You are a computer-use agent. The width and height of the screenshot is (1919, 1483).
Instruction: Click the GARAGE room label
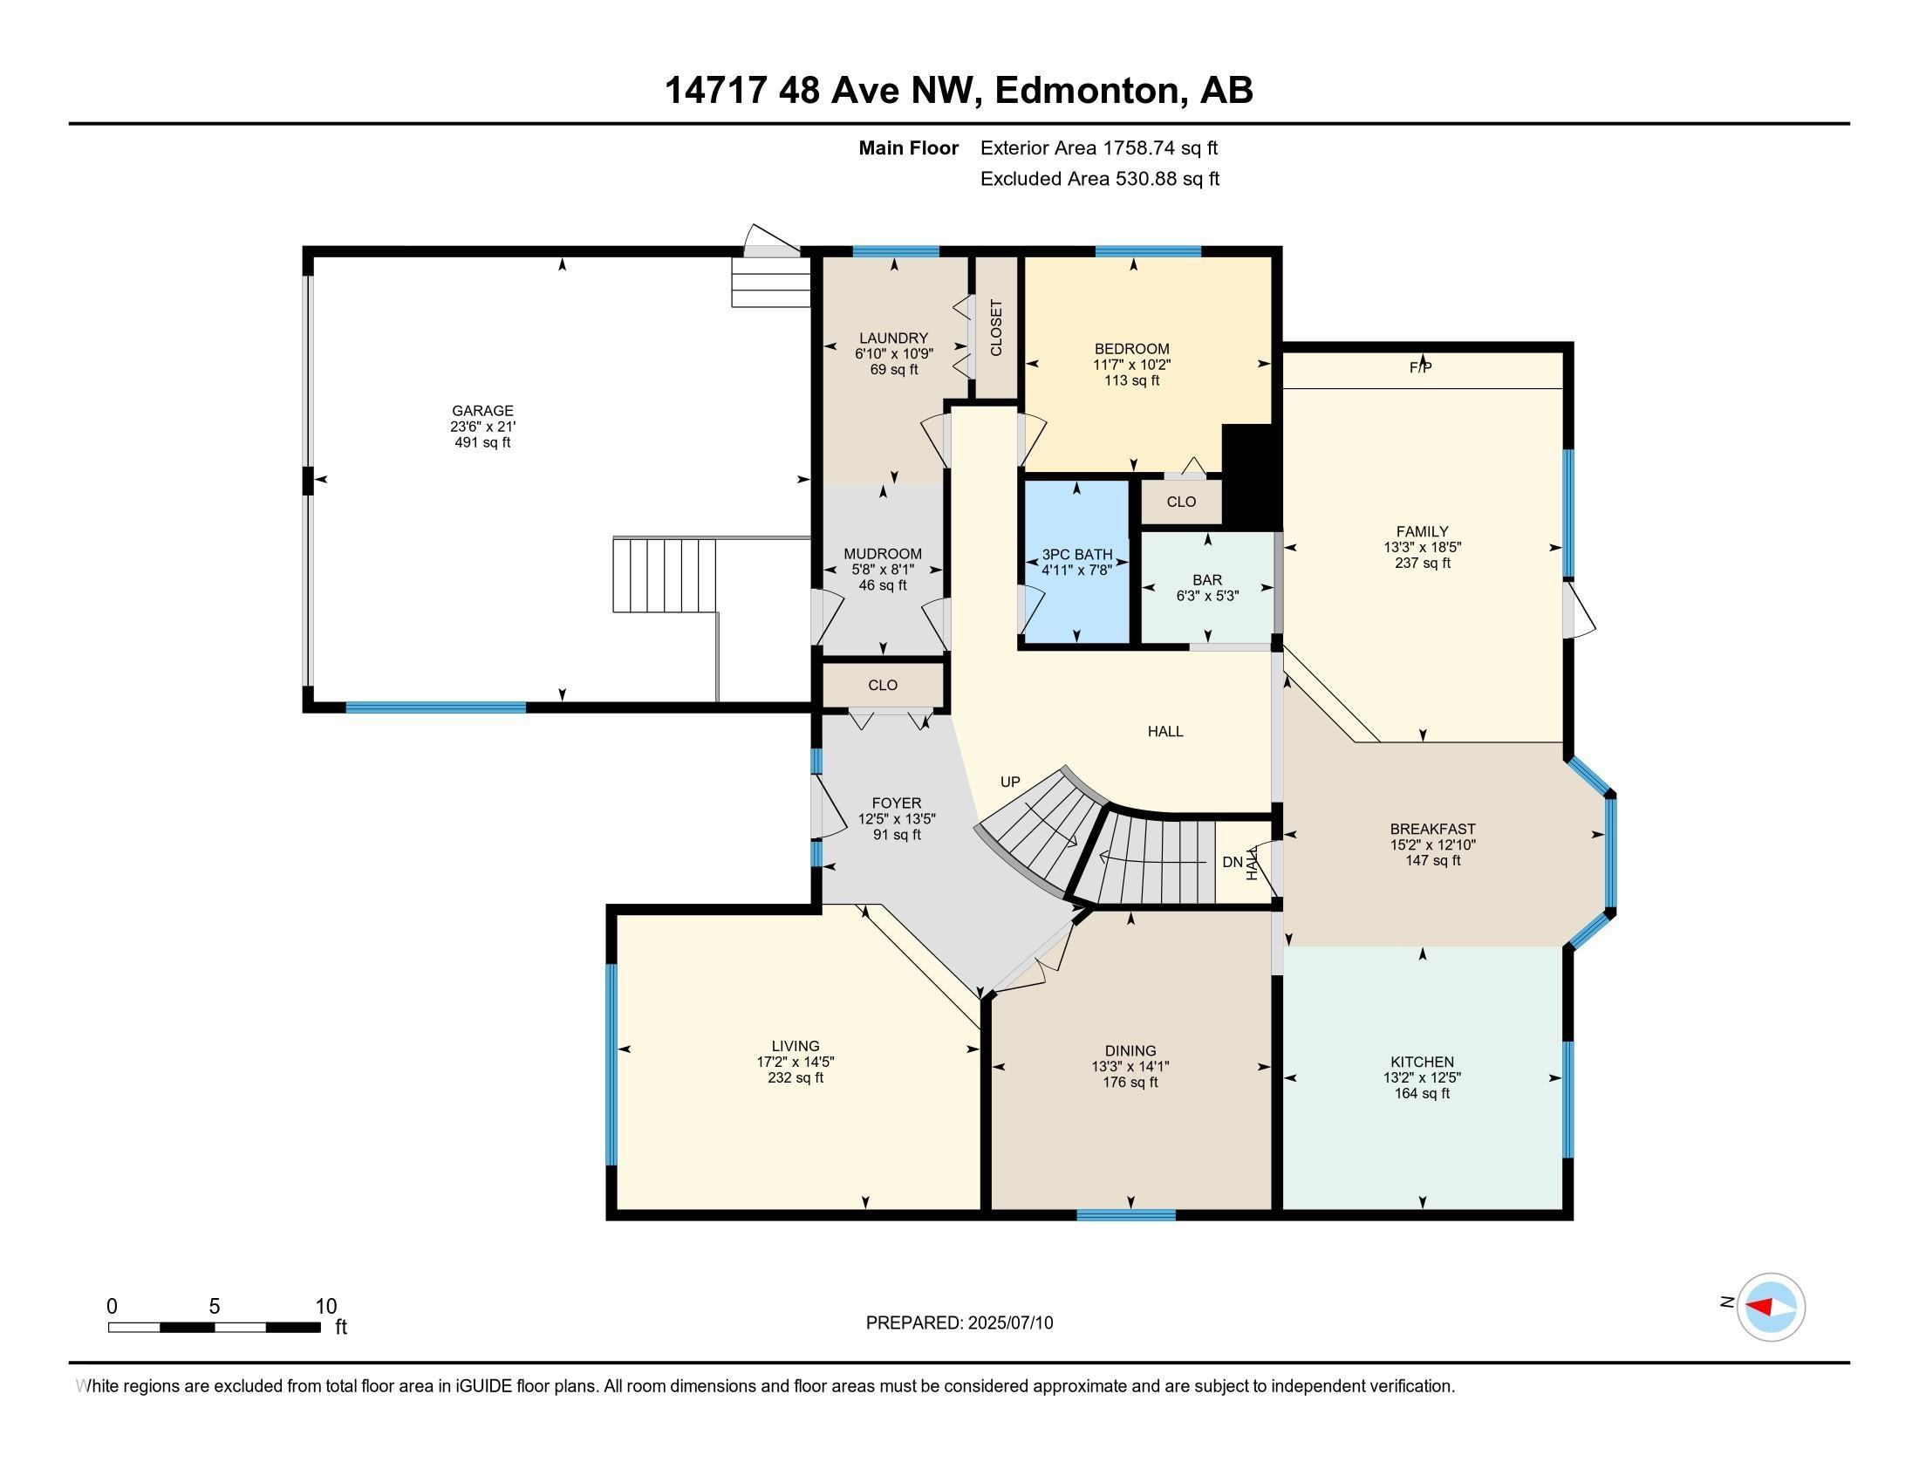tap(482, 410)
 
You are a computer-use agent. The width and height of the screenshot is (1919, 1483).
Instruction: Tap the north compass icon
tap(1771, 1308)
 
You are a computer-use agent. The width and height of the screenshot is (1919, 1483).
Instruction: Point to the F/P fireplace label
tap(1421, 368)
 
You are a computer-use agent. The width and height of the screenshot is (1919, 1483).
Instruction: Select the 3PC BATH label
tap(1077, 555)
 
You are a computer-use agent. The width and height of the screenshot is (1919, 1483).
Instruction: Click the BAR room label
tap(1207, 580)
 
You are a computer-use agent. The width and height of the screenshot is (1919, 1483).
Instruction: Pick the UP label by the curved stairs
tap(1010, 782)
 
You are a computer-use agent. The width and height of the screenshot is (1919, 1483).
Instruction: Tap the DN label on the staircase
tap(1232, 862)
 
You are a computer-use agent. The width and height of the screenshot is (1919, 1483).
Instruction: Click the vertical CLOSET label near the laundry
tap(996, 328)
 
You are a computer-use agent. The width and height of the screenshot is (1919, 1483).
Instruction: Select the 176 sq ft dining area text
tap(1130, 1083)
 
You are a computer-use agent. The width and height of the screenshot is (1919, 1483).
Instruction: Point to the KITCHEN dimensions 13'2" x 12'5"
tap(1422, 1077)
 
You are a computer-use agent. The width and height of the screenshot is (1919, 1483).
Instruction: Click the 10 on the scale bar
tap(326, 1307)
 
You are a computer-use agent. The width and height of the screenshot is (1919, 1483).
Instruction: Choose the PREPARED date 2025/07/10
tap(1007, 1323)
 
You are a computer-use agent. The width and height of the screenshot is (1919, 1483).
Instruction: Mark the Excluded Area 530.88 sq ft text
tap(1100, 179)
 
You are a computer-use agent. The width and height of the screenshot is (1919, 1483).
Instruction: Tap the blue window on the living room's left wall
tap(611, 1065)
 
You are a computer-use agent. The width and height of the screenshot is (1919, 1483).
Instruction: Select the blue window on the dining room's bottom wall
tap(1126, 1215)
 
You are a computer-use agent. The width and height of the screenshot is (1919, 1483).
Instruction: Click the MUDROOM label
tap(883, 553)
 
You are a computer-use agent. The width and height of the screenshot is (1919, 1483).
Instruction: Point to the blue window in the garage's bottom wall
tap(436, 707)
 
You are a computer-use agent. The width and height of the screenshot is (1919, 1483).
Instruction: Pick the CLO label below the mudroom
tap(883, 686)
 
